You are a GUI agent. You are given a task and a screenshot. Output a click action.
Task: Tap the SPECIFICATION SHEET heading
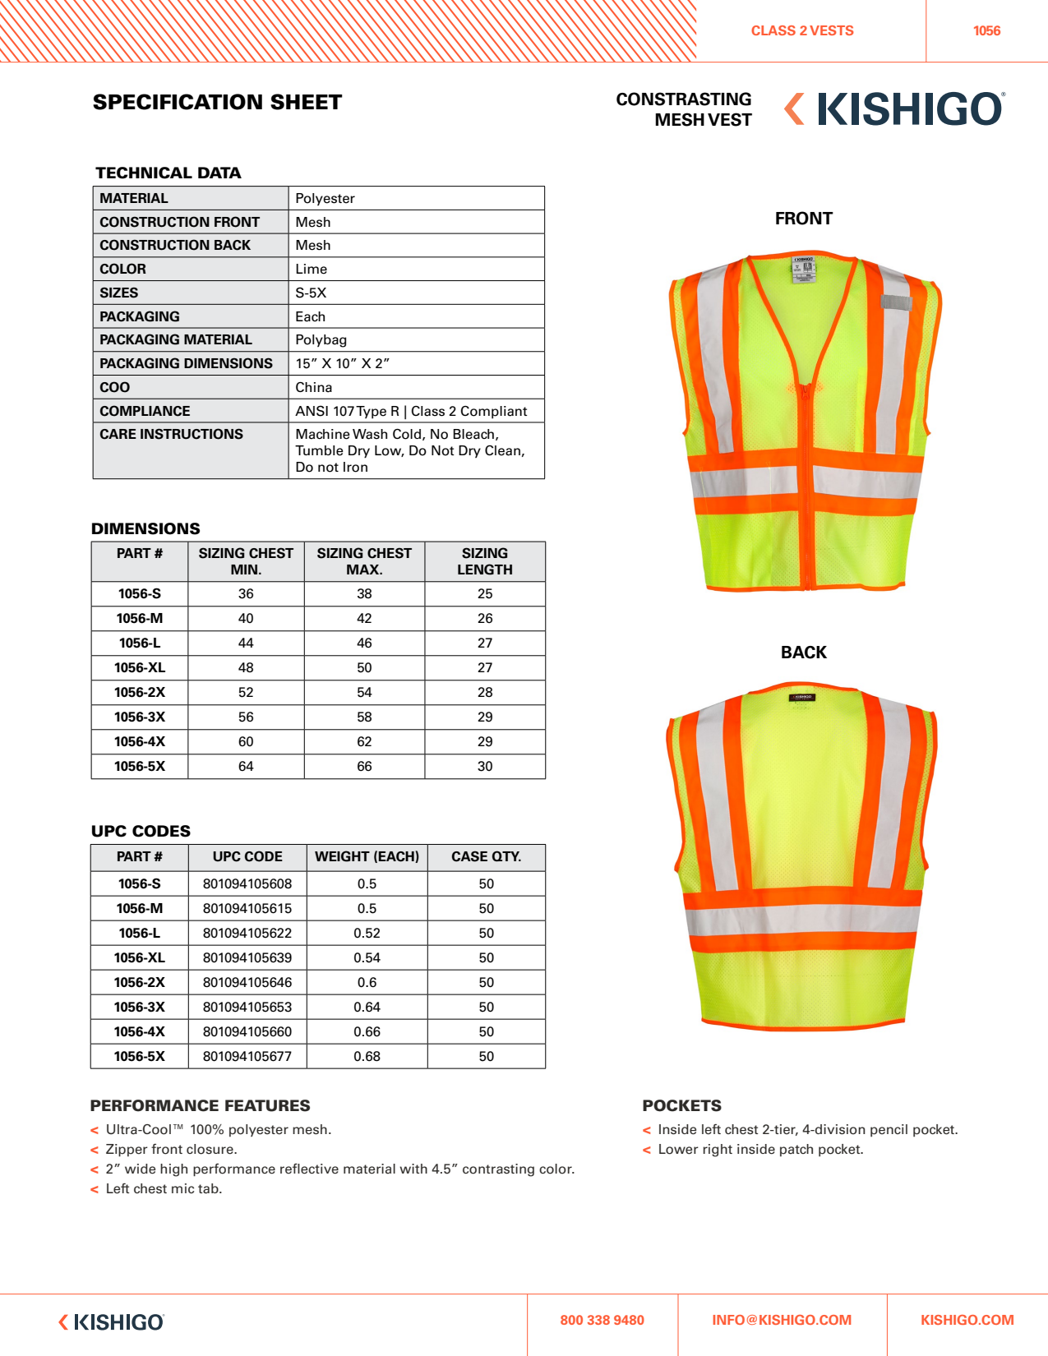[217, 103]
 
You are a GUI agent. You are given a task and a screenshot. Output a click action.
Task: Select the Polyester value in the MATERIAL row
[325, 198]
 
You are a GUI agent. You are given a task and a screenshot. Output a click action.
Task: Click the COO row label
[115, 387]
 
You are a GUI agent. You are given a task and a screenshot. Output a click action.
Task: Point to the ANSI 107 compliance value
[411, 411]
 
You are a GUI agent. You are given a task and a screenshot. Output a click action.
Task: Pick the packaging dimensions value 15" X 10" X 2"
[342, 363]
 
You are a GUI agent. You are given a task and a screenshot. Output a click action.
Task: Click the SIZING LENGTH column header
[485, 561]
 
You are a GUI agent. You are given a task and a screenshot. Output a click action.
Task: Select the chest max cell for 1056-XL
[364, 667]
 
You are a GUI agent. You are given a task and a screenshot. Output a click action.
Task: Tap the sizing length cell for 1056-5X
[485, 766]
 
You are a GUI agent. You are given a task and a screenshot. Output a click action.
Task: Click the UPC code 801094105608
[247, 883]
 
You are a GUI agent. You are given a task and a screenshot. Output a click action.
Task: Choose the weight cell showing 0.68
[367, 1056]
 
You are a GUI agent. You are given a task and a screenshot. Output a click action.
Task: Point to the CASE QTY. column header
[486, 856]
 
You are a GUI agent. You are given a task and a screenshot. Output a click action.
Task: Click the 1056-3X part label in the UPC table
[140, 1007]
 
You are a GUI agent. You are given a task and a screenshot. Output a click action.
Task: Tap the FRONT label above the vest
[803, 219]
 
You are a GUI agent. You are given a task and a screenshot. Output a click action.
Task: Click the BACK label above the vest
[803, 653]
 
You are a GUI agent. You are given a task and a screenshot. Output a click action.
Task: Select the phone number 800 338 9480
[602, 1320]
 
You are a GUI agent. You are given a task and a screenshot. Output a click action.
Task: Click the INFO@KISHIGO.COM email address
[782, 1320]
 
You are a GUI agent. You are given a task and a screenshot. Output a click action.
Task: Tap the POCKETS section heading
[681, 1105]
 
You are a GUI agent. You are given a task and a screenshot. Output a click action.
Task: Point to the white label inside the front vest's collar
[803, 269]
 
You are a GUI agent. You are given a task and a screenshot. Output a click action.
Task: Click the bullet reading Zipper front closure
[171, 1149]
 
